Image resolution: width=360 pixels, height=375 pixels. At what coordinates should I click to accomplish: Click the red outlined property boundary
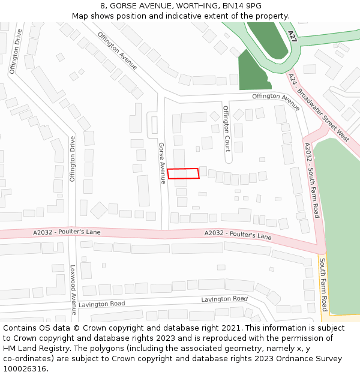coord(183,173)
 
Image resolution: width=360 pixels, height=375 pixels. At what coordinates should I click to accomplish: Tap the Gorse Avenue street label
coord(161,163)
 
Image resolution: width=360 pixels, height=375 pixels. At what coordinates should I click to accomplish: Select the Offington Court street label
coord(227,127)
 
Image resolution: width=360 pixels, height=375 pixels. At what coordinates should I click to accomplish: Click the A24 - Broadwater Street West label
coord(319,108)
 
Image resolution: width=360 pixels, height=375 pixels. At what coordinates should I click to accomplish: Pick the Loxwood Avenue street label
coord(73,290)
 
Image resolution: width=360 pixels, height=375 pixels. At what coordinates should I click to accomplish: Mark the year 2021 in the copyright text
coord(230,328)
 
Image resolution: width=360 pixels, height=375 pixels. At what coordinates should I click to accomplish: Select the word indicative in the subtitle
coord(189,16)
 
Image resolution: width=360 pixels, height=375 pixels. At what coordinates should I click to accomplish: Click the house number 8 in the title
coord(103,6)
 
